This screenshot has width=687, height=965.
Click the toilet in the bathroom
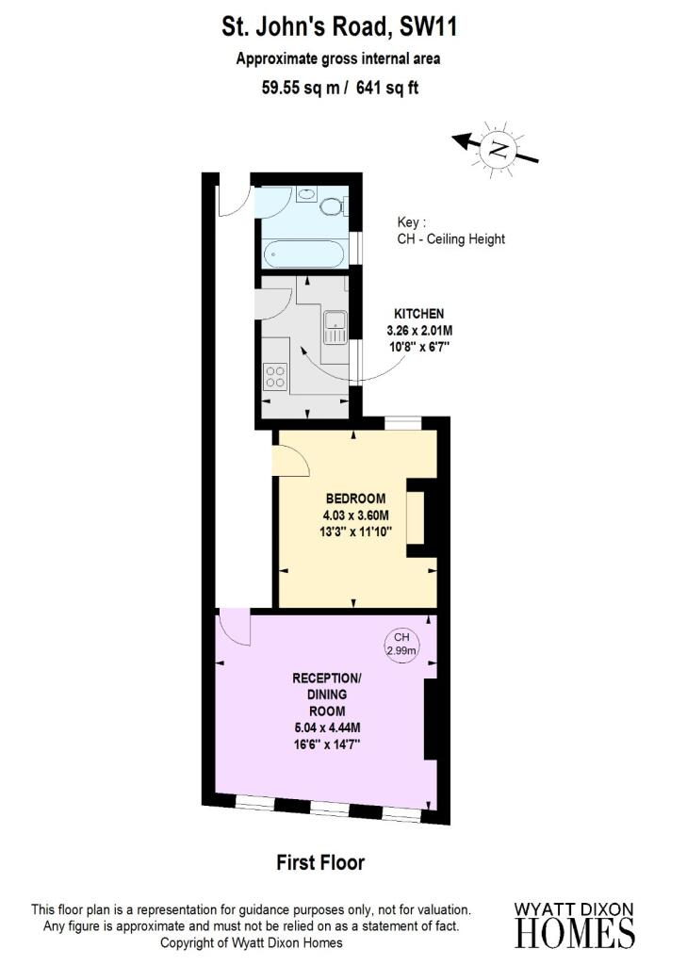(x=333, y=205)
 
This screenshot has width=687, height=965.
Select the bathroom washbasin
(x=306, y=194)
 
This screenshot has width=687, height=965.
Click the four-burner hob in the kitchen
(x=275, y=377)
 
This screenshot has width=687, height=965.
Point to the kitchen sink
(x=335, y=327)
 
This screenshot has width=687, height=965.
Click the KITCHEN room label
(x=418, y=314)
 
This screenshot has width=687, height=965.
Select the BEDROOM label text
(x=356, y=499)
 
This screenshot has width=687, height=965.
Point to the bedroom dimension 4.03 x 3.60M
(x=356, y=515)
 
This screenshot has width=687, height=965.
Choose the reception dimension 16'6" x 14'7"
(x=326, y=744)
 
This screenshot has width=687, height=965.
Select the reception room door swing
(x=236, y=627)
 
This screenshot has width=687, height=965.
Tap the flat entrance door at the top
(x=235, y=197)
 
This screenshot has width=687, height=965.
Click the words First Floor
(x=320, y=862)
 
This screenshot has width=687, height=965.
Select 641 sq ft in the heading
(x=387, y=88)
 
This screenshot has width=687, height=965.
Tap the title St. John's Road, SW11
(x=339, y=27)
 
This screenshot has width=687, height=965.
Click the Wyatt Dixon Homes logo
(x=574, y=925)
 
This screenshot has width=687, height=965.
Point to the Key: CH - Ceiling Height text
(x=451, y=231)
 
